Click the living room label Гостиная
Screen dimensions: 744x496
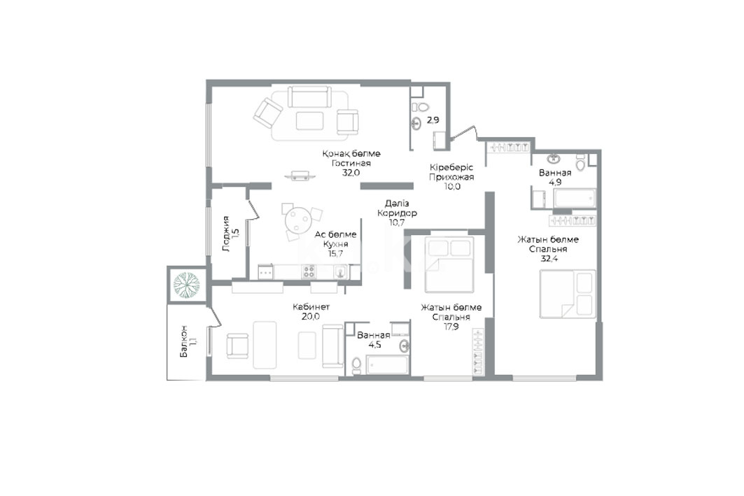351,163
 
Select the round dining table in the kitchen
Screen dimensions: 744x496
297,220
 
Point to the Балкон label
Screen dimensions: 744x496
183,341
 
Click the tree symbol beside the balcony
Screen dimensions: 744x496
186,284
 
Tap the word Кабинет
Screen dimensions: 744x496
311,307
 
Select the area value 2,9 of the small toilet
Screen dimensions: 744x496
433,120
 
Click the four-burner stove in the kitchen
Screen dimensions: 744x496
309,271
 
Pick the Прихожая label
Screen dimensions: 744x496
451,178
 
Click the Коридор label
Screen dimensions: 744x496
397,213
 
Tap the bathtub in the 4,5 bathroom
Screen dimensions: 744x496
387,364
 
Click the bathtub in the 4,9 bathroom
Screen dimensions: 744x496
575,198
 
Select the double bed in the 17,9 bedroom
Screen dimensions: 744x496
449,264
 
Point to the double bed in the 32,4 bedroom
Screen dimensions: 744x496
568,294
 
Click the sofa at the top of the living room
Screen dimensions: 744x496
309,97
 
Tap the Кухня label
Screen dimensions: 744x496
335,243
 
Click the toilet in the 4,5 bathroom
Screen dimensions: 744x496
356,364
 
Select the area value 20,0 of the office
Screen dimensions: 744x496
311,316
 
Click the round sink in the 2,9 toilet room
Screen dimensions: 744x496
416,123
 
